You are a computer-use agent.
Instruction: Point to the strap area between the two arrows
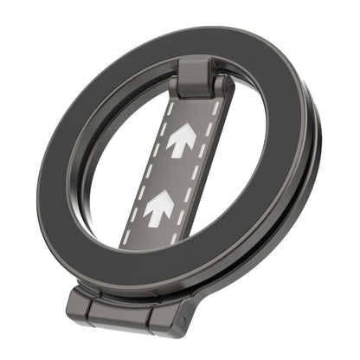[x=168, y=176]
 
